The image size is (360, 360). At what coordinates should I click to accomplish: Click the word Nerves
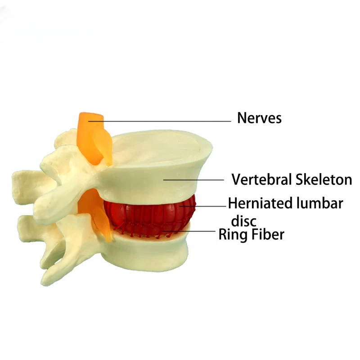tap(259, 118)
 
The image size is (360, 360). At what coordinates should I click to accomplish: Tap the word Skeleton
tap(324, 180)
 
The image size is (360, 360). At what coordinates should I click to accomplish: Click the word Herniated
tap(260, 203)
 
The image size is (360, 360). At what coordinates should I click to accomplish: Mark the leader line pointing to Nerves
tap(162, 121)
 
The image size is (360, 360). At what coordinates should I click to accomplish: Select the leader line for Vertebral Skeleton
tap(193, 180)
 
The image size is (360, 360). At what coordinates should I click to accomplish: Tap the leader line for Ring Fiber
tap(189, 231)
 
